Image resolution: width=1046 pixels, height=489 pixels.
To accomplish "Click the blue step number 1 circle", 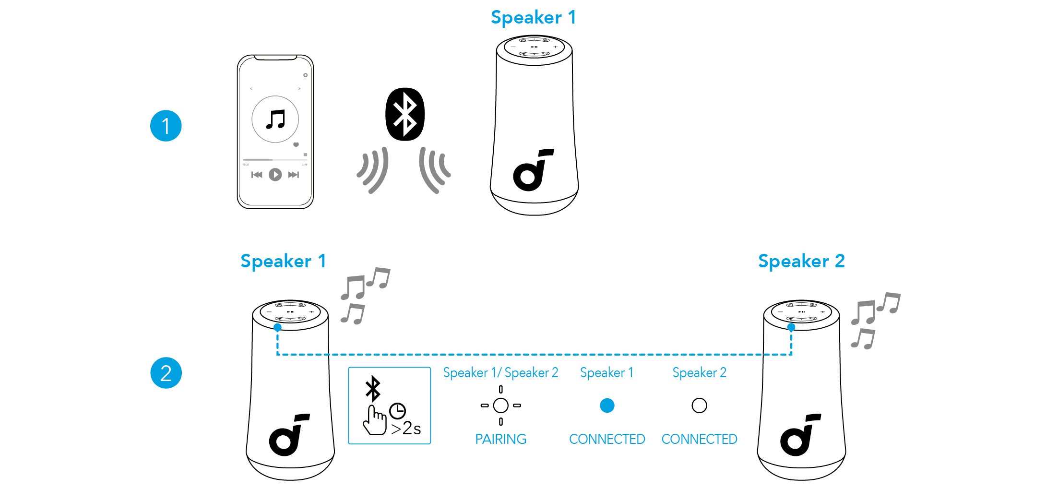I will pos(166,126).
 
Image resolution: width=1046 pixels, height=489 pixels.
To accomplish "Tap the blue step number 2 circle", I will pos(166,373).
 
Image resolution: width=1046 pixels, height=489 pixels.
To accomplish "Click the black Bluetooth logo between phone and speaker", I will pos(405,114).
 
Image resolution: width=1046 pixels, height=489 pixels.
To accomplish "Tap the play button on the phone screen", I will pos(275,175).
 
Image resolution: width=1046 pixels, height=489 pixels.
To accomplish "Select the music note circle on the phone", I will pos(275,119).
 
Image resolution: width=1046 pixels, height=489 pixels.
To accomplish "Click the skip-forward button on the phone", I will pos(293,175).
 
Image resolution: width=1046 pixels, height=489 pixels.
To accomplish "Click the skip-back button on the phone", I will pos(257,175).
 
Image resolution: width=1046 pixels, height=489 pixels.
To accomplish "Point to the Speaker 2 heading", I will pos(801,261).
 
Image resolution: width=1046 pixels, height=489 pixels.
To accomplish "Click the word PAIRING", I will pos(500,439).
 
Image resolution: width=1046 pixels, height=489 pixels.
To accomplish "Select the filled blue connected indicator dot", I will pos(607,406).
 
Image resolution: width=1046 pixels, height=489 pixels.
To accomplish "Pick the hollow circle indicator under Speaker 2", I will pos(699,406).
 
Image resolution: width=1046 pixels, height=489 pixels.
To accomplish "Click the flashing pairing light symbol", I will pos(500,406).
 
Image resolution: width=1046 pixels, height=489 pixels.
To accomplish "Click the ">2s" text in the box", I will pos(406,428).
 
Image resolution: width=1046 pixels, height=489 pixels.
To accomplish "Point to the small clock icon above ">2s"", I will pos(397,411).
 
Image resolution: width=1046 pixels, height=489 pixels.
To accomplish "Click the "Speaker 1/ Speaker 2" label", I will pos(500,373).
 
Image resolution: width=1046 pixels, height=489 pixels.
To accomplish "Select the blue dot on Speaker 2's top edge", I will pos(791,327).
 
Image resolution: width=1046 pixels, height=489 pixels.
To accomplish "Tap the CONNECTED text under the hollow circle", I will pos(699,439).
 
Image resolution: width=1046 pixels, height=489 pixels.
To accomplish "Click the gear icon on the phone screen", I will pos(305,75).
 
